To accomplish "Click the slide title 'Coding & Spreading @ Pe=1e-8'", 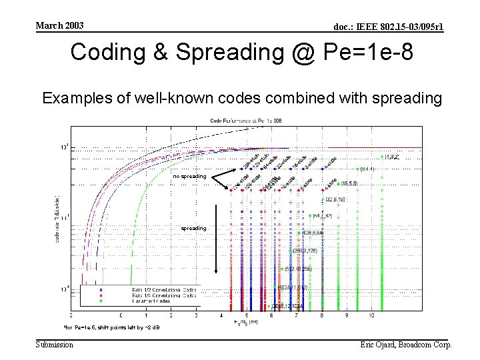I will point(241,53).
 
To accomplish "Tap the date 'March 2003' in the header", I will point(59,26).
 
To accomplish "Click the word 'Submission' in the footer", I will point(55,345).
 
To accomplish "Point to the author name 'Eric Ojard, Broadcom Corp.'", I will point(405,345).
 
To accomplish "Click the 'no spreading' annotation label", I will point(190,177).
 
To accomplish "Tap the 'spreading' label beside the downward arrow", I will point(193,228).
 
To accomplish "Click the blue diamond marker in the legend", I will point(100,290).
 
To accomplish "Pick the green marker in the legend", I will point(100,301).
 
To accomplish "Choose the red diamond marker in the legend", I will point(100,295).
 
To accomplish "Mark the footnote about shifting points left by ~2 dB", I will point(111,327).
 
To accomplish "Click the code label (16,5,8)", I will point(349,183).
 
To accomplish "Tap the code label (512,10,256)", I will point(298,269).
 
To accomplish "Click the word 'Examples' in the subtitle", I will point(71,99).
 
